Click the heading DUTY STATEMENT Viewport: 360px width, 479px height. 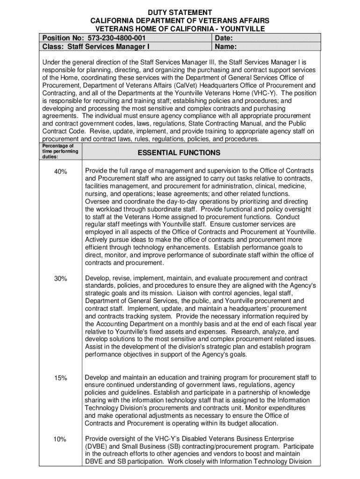click(x=180, y=12)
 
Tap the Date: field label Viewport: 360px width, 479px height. click(x=224, y=38)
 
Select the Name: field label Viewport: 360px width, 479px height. click(x=225, y=47)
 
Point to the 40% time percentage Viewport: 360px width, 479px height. click(x=60, y=172)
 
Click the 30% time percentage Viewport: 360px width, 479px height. click(x=60, y=279)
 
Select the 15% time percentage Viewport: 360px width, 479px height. click(x=60, y=378)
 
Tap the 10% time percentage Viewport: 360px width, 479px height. click(x=60, y=439)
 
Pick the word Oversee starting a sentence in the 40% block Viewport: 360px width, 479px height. click(x=98, y=202)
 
